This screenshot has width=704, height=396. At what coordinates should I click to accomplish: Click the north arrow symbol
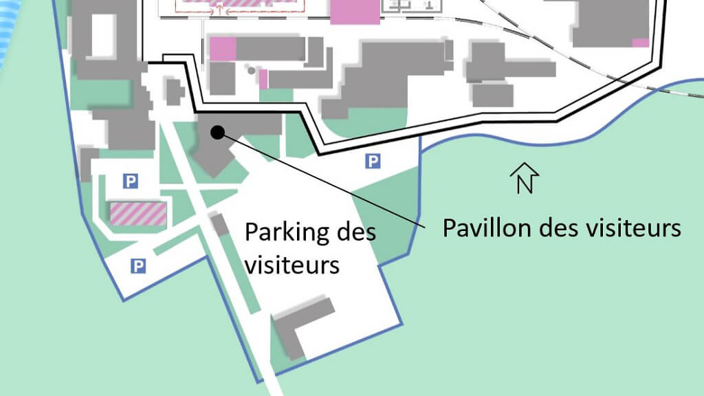coord(525,178)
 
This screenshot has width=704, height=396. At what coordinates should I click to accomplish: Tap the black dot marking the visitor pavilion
coord(217,132)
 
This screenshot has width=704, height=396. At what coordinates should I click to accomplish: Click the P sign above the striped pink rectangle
coord(130,181)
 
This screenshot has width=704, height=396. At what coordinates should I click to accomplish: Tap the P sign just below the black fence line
coord(372,162)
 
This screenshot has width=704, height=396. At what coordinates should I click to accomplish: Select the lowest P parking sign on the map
coord(138,266)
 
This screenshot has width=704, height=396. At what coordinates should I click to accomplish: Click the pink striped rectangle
coord(138,214)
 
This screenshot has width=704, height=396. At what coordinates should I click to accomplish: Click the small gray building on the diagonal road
coord(219,224)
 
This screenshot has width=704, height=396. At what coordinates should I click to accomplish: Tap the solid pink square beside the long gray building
coord(223,49)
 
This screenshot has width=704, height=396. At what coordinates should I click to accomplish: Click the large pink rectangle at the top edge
coord(355,12)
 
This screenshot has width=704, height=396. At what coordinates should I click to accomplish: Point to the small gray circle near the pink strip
coord(252,70)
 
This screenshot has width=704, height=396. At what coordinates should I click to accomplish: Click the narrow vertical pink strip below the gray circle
coord(263,79)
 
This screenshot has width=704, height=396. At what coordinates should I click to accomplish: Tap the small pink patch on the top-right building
coord(640,43)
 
